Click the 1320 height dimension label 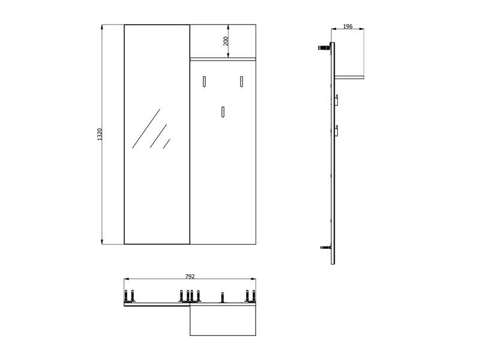coord(99,134)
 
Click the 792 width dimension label coord(190,277)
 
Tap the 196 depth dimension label coord(348,26)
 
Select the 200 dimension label coord(226,41)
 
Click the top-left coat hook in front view coord(204,82)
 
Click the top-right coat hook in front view coord(242,82)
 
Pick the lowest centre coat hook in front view coord(223,112)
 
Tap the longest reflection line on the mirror coord(146,128)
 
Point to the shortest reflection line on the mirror coord(167,144)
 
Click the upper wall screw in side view coord(325,47)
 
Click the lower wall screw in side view coord(326,247)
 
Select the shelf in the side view coord(349,77)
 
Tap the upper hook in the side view coord(336,100)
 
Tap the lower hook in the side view coord(336,131)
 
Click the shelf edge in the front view coord(223,59)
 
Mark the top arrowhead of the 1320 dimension coord(102,28)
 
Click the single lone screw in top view coord(223,297)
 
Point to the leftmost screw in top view coord(126,296)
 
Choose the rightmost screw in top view coord(254,296)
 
